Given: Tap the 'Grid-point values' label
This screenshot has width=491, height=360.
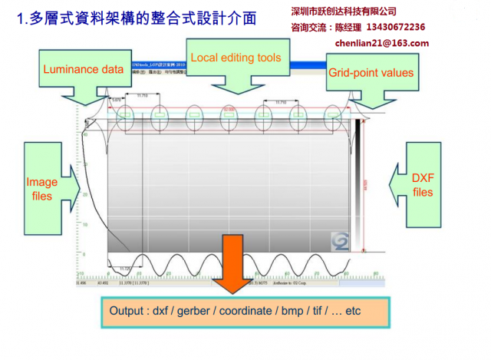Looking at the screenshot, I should [x=371, y=73].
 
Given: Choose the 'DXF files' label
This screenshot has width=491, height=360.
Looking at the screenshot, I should [x=422, y=185].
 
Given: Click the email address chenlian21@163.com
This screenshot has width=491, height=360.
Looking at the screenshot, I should [x=382, y=43].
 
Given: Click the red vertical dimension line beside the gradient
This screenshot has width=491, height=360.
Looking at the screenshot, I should [x=365, y=184].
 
